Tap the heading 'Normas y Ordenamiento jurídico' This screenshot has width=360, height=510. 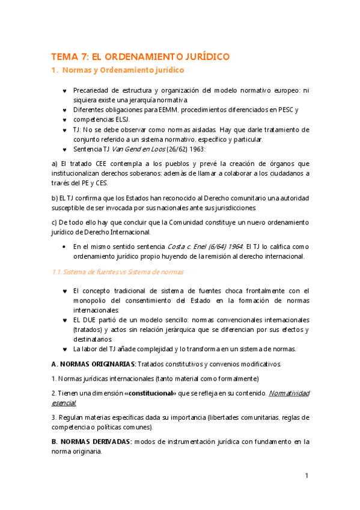123,71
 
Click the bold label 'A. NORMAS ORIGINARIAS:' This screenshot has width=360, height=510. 94,364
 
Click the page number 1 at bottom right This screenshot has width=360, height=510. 307,476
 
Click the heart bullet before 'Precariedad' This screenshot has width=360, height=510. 65,91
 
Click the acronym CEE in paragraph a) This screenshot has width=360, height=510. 92,164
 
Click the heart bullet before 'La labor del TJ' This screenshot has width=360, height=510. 65,349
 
